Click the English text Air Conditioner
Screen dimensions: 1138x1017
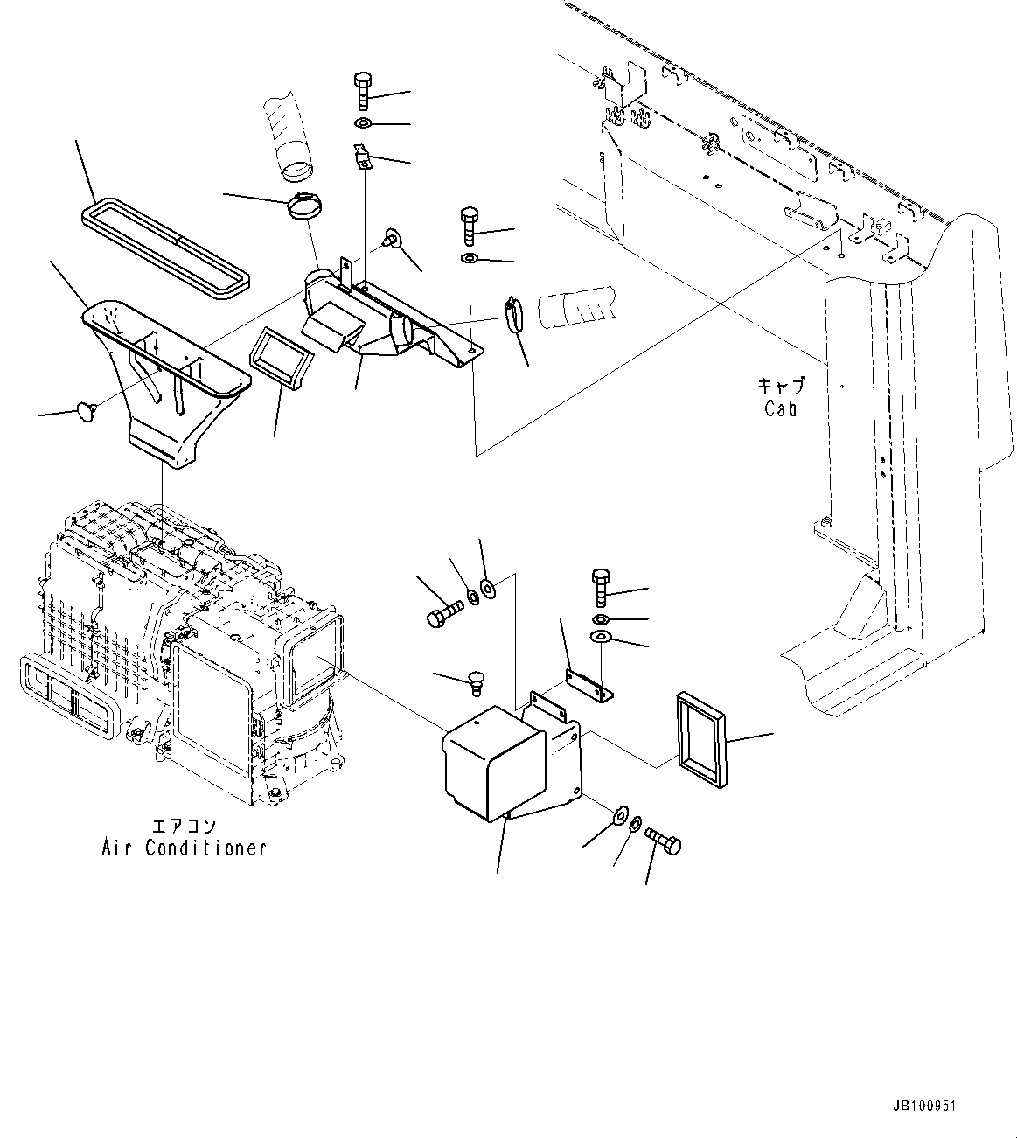(x=184, y=848)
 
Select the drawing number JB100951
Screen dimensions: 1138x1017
(x=925, y=1106)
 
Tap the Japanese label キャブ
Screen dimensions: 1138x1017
(x=780, y=386)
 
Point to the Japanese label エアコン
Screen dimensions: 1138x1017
(x=184, y=827)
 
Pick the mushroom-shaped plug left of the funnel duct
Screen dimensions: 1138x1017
(x=86, y=408)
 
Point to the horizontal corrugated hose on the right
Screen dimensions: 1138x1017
(x=576, y=306)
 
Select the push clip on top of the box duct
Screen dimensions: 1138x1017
(x=476, y=680)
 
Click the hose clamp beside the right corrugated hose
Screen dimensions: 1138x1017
(x=513, y=315)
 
